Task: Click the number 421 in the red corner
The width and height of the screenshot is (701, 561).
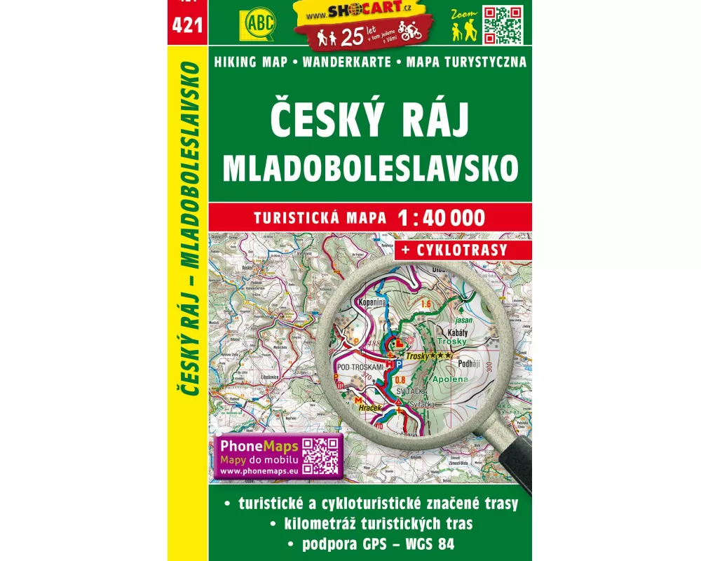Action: coord(188,27)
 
